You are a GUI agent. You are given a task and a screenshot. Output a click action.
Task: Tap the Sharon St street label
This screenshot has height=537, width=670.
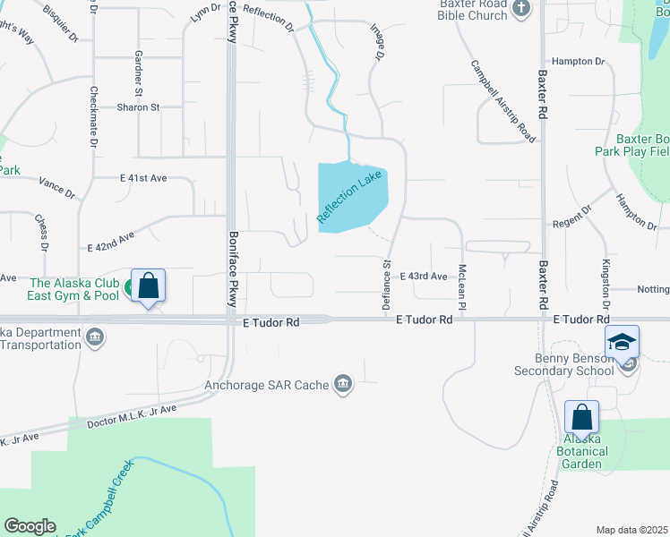point(138,107)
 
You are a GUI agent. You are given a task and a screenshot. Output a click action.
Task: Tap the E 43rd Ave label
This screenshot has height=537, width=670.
point(424,277)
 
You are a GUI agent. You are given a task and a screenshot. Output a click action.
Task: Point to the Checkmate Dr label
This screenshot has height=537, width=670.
point(93,117)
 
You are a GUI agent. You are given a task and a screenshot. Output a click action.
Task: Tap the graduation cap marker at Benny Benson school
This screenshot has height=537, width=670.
point(622,342)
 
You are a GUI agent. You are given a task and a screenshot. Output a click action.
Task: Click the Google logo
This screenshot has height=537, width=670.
point(30,526)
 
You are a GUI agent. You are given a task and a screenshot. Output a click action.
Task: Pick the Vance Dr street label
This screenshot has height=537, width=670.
point(57,186)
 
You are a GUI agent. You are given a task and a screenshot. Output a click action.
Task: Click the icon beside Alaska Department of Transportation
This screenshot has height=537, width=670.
point(96,337)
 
